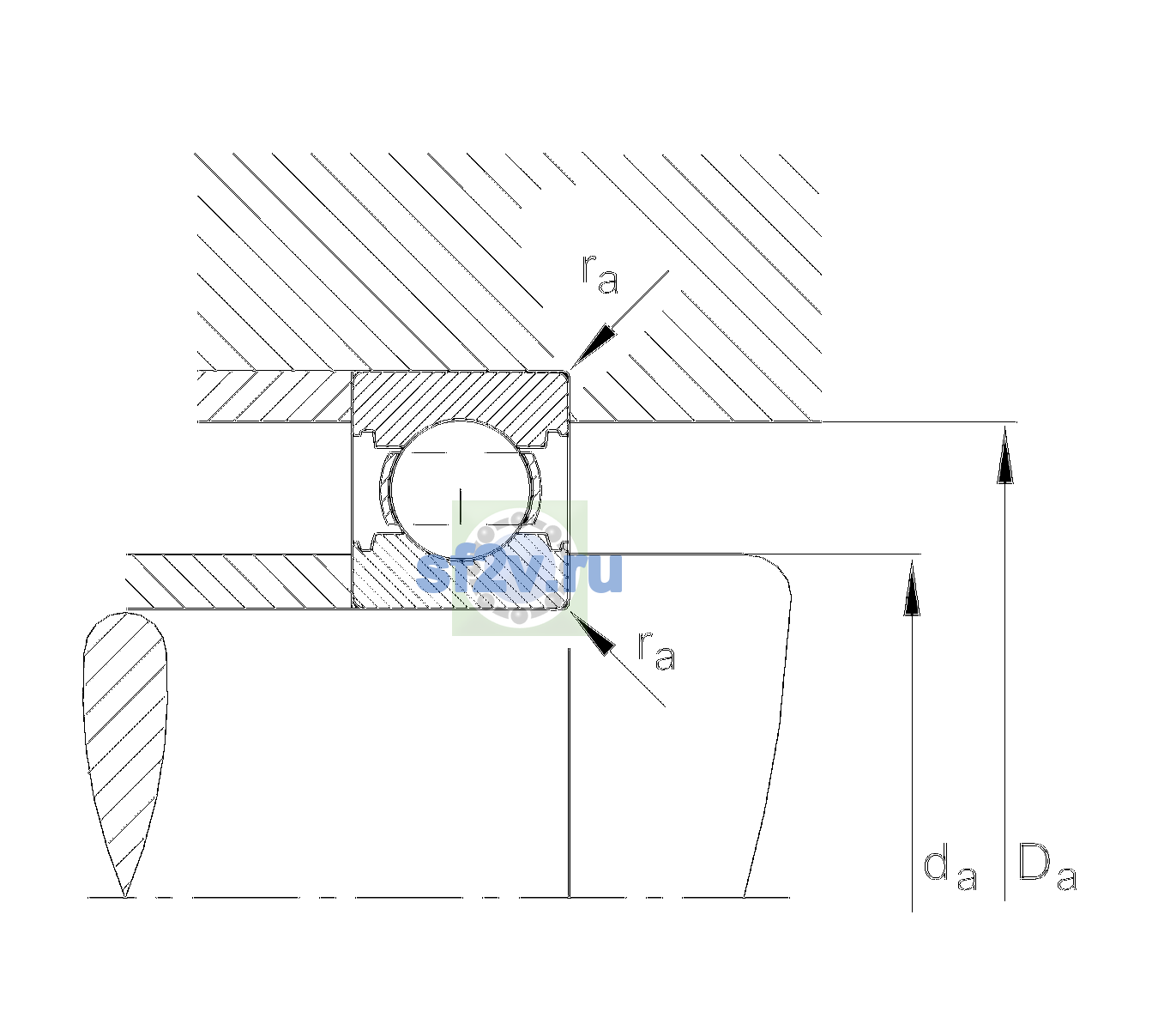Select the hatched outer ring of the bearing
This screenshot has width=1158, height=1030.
click(x=461, y=407)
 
